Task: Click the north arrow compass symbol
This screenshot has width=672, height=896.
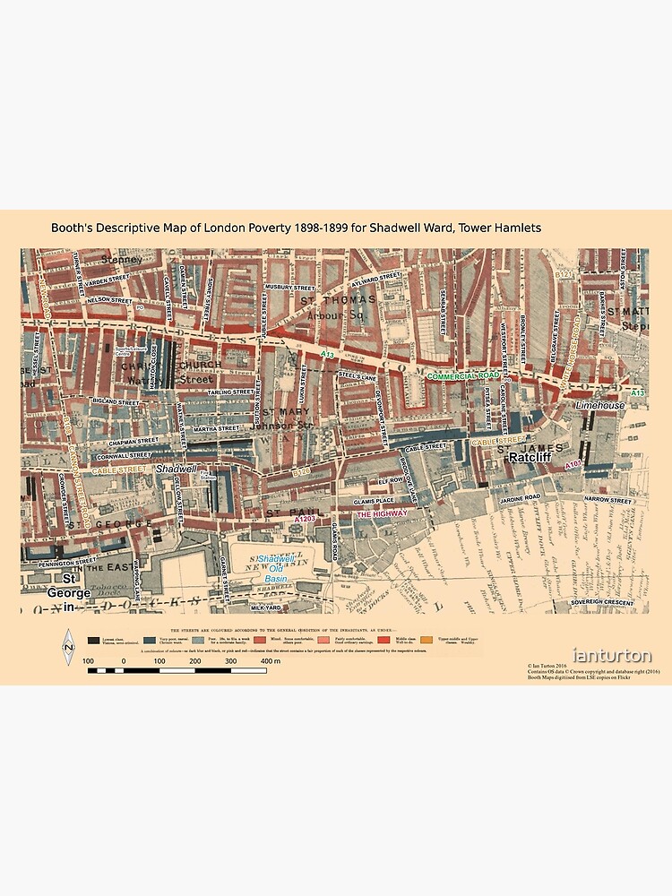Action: click(67, 647)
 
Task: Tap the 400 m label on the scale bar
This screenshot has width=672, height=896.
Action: click(271, 660)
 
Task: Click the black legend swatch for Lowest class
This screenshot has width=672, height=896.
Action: click(92, 640)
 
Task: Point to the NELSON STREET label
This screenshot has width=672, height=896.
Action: click(110, 299)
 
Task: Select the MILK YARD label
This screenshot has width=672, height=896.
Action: click(266, 607)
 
